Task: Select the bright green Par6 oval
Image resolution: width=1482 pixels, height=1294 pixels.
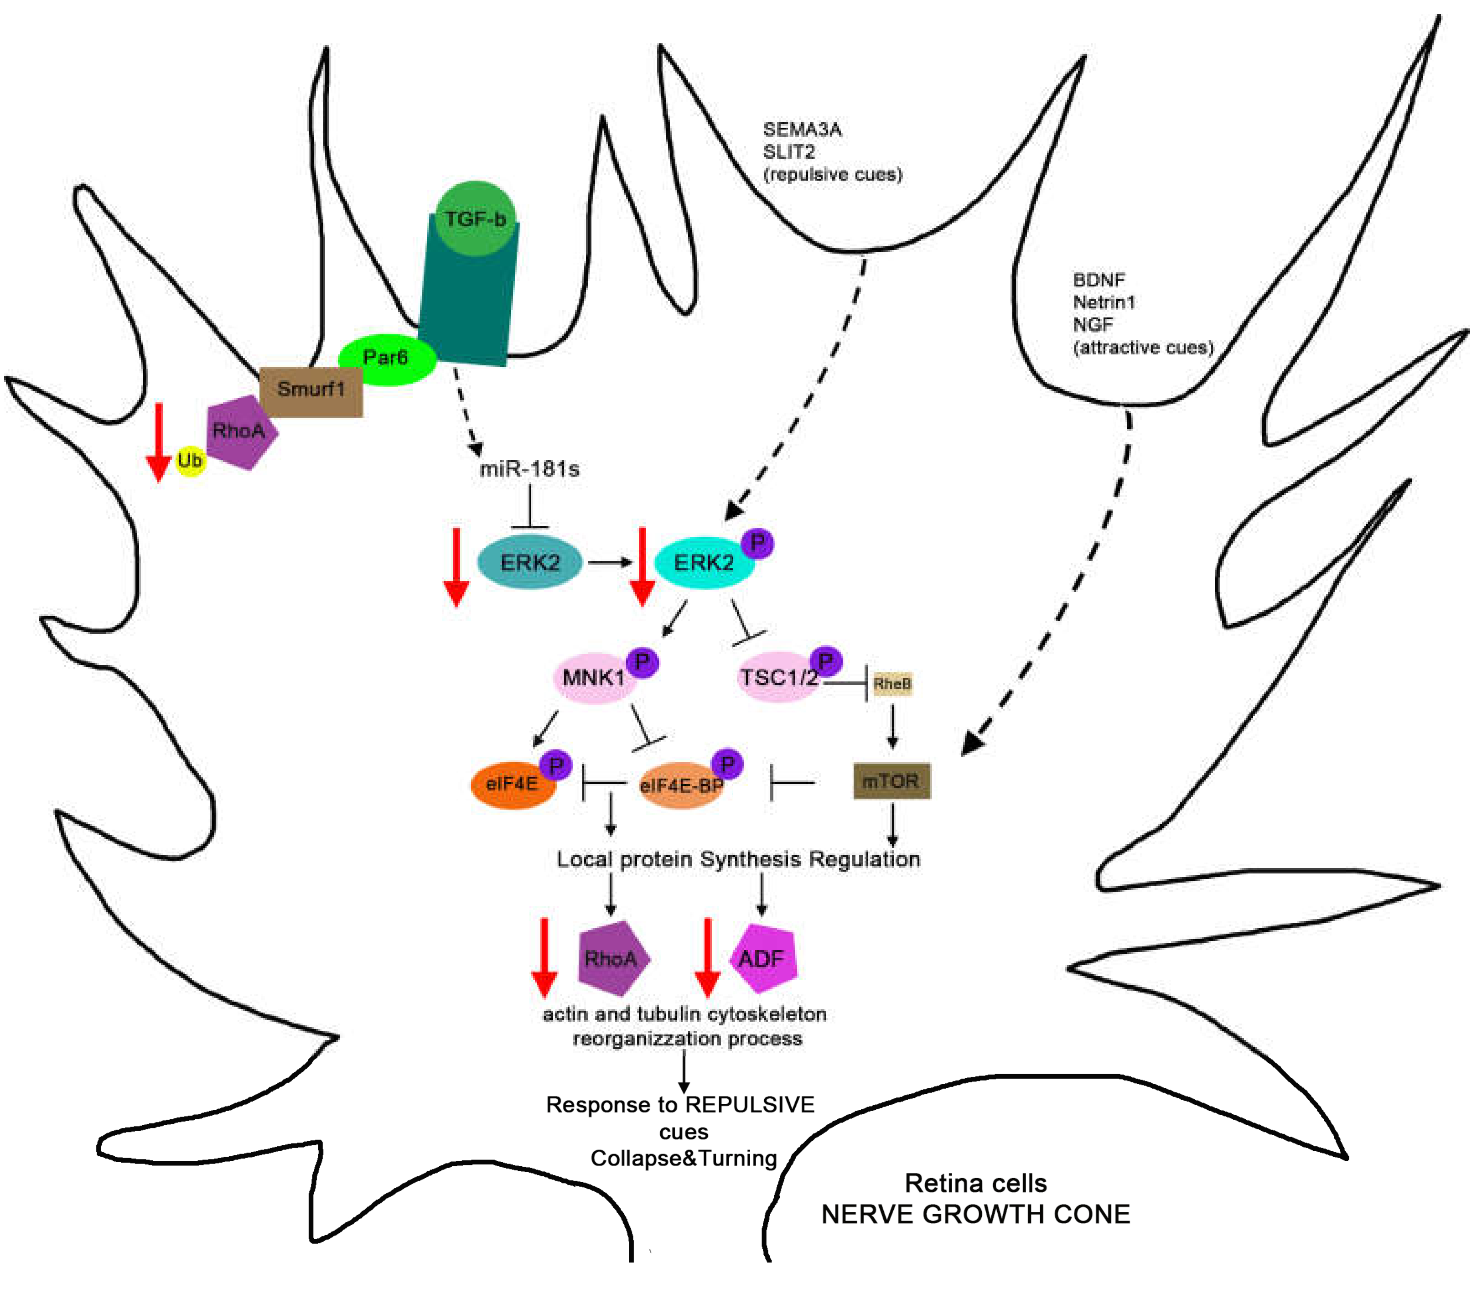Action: click(387, 359)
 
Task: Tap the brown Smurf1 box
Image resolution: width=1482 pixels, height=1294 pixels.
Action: click(311, 391)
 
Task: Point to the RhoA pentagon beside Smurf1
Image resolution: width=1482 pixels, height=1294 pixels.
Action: click(240, 432)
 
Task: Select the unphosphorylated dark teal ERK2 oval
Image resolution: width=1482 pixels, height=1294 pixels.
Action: click(530, 562)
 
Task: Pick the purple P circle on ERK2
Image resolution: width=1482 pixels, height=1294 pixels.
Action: click(758, 543)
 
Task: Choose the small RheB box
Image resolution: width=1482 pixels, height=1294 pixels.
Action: click(892, 683)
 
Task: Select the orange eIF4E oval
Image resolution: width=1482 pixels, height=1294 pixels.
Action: click(513, 784)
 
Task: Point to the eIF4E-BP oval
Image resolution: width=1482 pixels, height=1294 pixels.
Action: click(681, 785)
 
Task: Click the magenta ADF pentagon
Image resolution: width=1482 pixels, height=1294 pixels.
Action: click(764, 958)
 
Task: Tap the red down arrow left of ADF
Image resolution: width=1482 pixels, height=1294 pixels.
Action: click(707, 957)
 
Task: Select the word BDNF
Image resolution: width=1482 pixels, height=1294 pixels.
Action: click(1099, 280)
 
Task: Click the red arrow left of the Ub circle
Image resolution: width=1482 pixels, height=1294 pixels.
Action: click(158, 442)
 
